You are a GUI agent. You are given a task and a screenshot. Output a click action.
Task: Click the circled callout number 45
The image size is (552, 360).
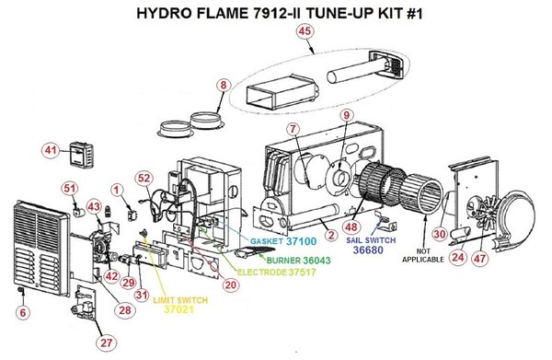click(x=305, y=31)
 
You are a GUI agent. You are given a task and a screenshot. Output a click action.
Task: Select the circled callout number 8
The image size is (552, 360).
click(x=224, y=86)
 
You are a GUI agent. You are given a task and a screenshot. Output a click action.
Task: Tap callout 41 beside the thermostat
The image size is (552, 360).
click(x=51, y=150)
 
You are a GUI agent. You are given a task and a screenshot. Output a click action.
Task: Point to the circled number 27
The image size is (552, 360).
click(x=107, y=343)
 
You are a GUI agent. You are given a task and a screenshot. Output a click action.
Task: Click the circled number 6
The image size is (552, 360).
click(x=23, y=313)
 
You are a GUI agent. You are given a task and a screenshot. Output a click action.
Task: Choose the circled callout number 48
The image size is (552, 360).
click(x=351, y=227)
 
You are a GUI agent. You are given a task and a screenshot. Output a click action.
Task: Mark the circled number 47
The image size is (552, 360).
click(x=479, y=259)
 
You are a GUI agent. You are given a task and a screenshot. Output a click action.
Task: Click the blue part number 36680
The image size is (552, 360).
click(x=368, y=250)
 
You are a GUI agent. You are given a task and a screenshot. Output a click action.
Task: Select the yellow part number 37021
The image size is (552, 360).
click(x=178, y=309)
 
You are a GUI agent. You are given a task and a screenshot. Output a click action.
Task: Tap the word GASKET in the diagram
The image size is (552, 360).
click(x=267, y=241)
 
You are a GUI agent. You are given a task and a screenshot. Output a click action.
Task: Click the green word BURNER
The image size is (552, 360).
click(x=283, y=261)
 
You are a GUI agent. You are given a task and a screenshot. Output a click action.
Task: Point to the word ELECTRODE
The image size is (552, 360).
click(x=262, y=273)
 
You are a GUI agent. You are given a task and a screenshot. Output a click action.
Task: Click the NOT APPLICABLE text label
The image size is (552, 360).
click(x=423, y=256)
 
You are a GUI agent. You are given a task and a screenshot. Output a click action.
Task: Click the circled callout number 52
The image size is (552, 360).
click(x=144, y=179)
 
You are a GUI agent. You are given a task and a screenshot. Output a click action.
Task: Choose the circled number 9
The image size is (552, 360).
click(x=347, y=115)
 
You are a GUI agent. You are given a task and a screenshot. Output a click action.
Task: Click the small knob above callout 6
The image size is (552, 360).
click(x=20, y=290)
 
